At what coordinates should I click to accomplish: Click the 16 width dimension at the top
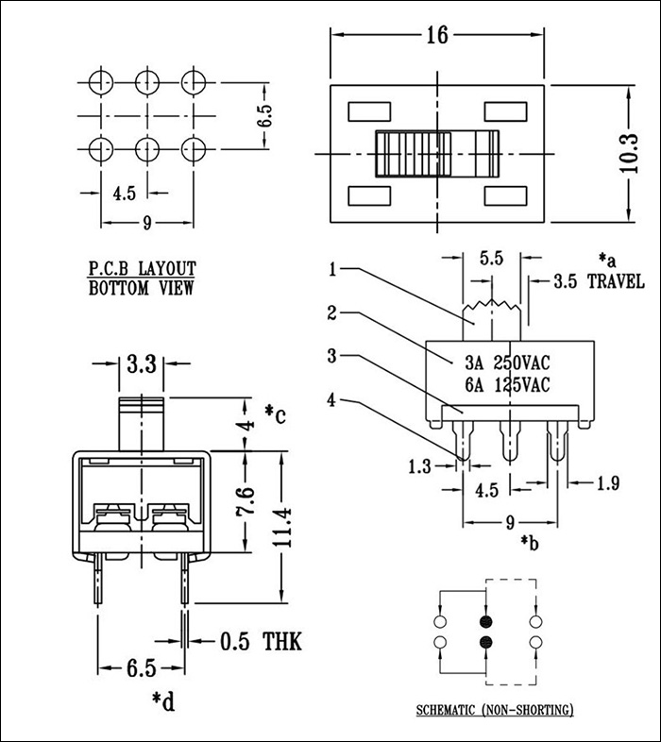(435, 36)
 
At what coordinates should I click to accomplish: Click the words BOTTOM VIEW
(142, 289)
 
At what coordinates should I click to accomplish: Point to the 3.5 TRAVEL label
(599, 281)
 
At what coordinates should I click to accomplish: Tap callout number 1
(332, 269)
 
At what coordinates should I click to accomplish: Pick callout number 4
(332, 399)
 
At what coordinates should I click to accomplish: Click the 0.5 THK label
(261, 643)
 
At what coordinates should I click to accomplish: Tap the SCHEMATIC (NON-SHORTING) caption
(495, 710)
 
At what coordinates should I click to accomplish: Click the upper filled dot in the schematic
(487, 622)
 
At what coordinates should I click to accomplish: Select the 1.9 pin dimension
(608, 484)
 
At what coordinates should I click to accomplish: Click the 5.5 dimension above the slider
(491, 256)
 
